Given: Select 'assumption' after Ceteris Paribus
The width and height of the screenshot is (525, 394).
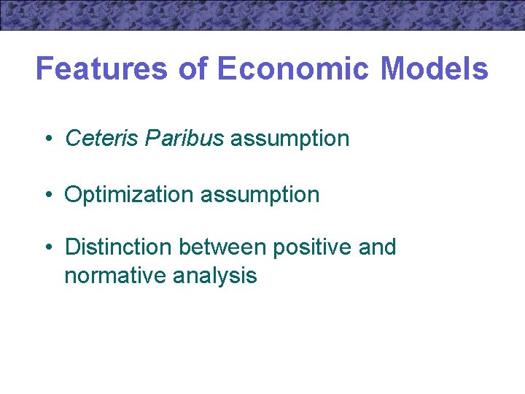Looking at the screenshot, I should pyautogui.click(x=290, y=138).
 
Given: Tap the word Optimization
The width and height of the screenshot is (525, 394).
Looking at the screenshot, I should pyautogui.click(x=129, y=195).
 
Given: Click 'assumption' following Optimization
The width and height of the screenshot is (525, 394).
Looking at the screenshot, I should pyautogui.click(x=260, y=195).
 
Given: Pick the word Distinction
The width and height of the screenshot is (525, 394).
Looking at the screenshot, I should pyautogui.click(x=118, y=247).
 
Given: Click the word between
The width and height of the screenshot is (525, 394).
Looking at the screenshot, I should pyautogui.click(x=222, y=247).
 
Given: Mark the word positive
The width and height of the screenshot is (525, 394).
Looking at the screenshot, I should pyautogui.click(x=312, y=247).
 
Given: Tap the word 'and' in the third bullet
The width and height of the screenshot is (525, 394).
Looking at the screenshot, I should pyautogui.click(x=378, y=247).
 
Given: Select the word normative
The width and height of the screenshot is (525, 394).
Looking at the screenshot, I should pyautogui.click(x=115, y=276).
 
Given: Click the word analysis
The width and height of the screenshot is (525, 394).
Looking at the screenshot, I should pyautogui.click(x=215, y=276).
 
